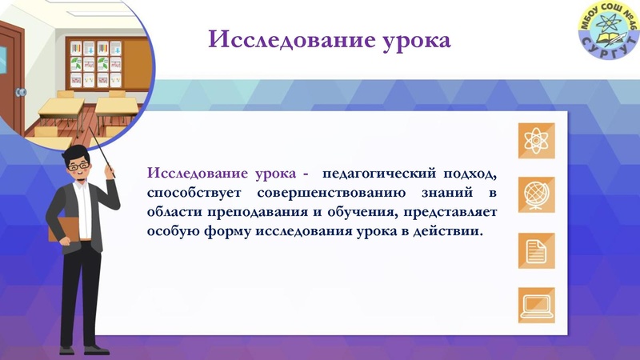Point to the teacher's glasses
(x=79, y=166)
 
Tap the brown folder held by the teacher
(x=65, y=233)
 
